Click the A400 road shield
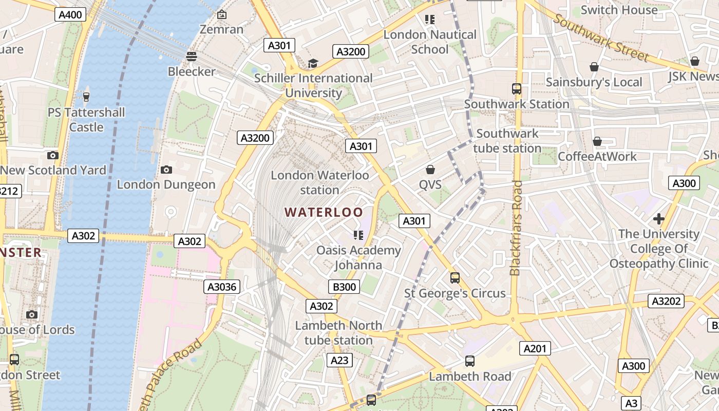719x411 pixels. [x=70, y=14]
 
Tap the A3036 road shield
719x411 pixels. [x=222, y=287]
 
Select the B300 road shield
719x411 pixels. [x=344, y=287]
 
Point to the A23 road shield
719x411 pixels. [x=339, y=360]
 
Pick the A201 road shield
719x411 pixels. [x=535, y=349]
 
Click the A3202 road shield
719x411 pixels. [x=666, y=301]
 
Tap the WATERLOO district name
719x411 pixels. [x=324, y=212]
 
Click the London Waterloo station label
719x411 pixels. [x=319, y=182]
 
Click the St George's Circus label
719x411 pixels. [x=455, y=293]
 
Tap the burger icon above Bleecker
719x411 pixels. [x=192, y=56]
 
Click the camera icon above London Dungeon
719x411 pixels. [x=166, y=170]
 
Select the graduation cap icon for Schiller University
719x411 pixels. [x=313, y=64]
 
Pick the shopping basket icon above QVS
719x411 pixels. [x=430, y=170]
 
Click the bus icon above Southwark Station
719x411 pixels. [x=517, y=89]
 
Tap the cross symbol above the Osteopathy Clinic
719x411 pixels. [x=658, y=219]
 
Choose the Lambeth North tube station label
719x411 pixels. [x=338, y=332]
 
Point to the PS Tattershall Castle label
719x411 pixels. [x=86, y=119]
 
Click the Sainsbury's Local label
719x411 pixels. [x=594, y=82]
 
